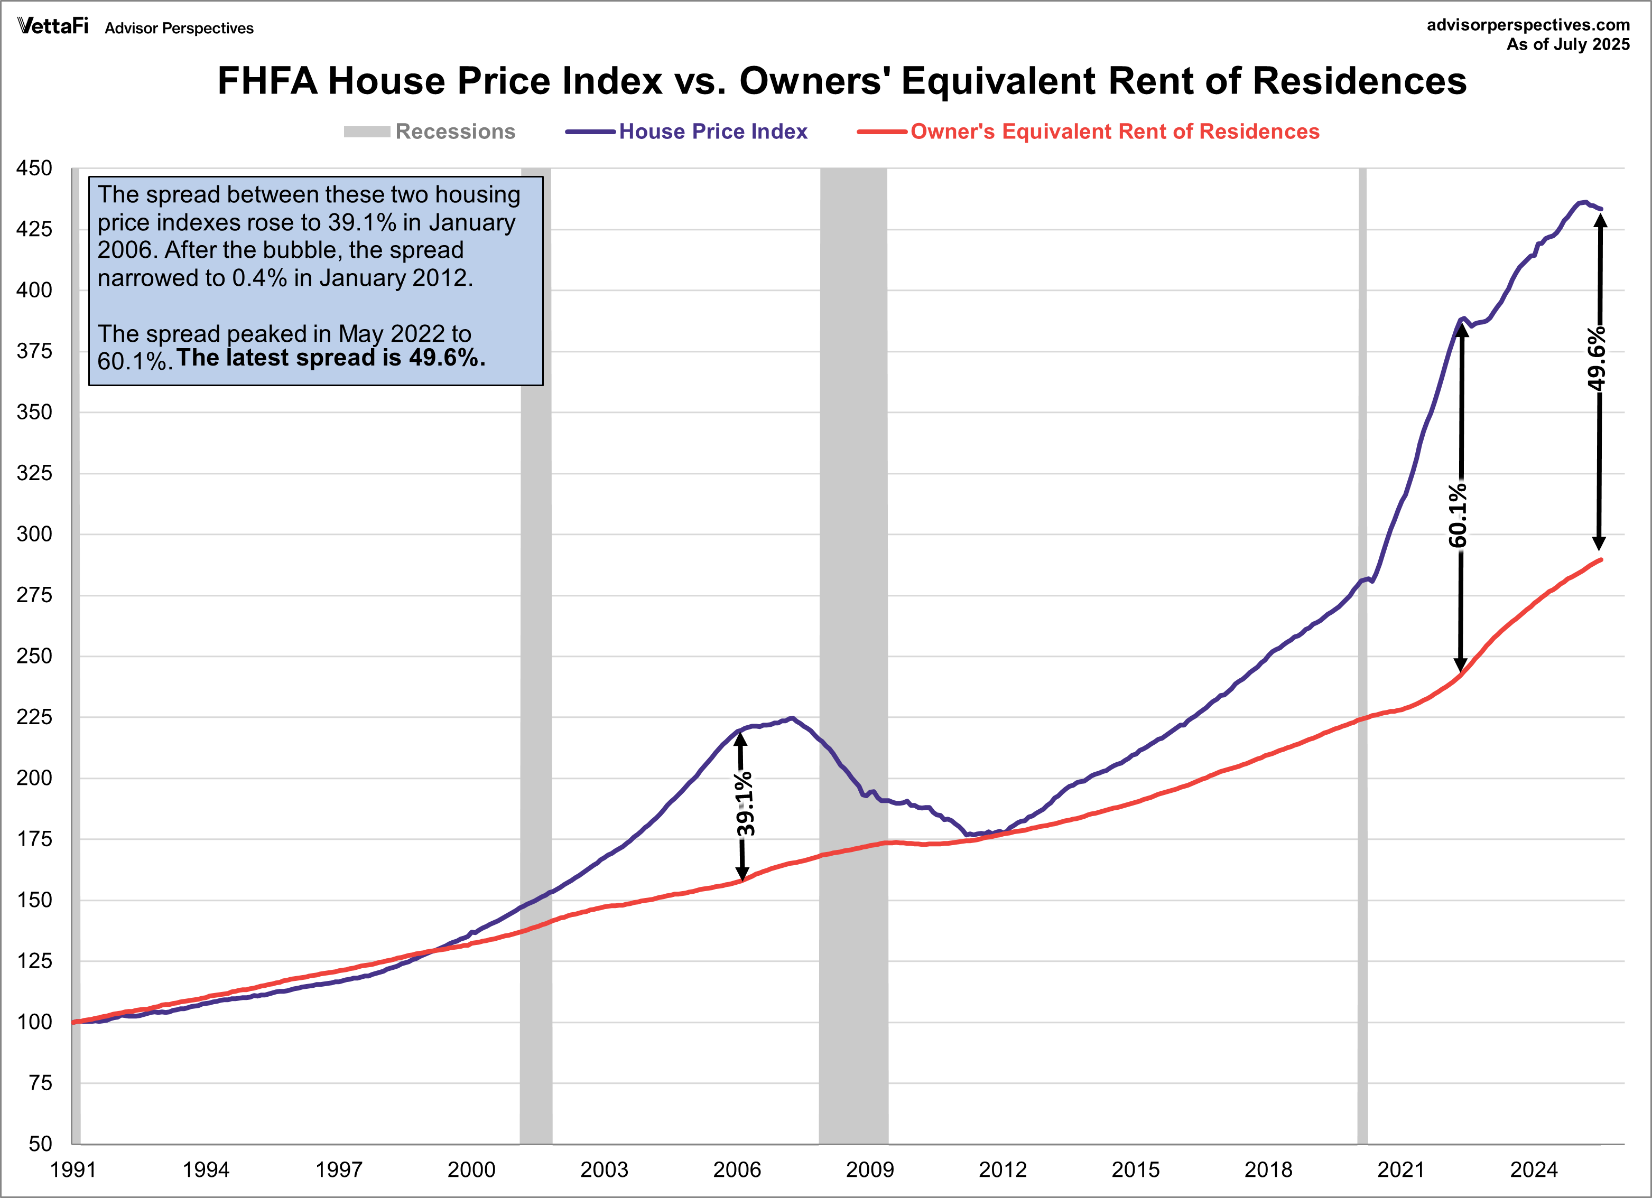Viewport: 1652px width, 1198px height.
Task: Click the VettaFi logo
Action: point(52,26)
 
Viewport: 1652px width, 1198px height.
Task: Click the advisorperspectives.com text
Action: point(1527,25)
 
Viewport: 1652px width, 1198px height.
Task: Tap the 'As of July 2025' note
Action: point(1567,44)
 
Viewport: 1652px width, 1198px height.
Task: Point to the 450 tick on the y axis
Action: point(34,168)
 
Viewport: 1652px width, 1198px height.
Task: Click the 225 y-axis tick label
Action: point(34,717)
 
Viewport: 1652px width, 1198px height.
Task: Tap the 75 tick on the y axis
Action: point(40,1083)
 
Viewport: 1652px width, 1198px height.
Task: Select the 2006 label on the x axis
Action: point(736,1171)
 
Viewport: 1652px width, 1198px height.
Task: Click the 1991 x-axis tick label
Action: point(73,1171)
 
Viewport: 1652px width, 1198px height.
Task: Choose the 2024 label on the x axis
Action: point(1533,1171)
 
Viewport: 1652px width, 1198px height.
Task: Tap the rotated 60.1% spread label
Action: point(1458,515)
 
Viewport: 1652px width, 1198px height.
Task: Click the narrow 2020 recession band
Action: point(1362,656)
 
